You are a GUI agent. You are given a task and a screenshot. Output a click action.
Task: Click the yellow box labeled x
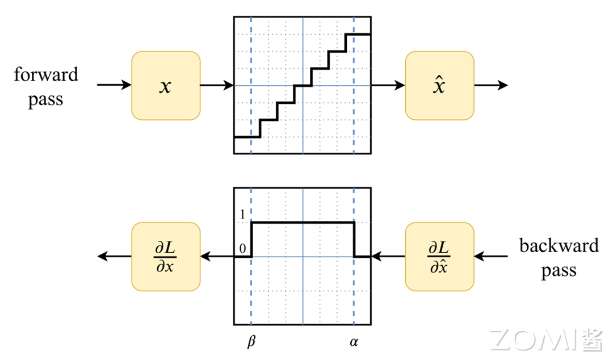point(165,86)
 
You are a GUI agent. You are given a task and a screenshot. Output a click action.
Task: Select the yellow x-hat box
point(439,86)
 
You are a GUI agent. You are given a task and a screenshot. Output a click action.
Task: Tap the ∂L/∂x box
point(165,257)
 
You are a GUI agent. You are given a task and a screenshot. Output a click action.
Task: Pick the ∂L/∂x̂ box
point(439,257)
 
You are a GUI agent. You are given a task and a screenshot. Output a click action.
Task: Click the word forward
point(46,75)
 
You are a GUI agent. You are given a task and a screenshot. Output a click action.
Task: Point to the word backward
point(559,246)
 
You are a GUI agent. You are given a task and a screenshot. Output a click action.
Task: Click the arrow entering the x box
point(114,86)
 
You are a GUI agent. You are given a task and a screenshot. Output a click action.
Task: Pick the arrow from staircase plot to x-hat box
point(388,86)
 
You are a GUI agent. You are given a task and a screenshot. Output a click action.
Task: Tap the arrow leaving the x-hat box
point(490,86)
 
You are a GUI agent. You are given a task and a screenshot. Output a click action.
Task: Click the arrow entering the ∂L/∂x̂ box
point(490,257)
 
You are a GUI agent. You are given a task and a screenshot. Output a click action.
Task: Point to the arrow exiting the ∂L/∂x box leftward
point(114,257)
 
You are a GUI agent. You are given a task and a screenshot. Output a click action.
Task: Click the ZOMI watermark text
point(540,339)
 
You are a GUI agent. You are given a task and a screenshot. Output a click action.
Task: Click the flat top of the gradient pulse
point(303,222)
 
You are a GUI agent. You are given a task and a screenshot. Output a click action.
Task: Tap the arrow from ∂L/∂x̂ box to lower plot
point(388,257)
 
